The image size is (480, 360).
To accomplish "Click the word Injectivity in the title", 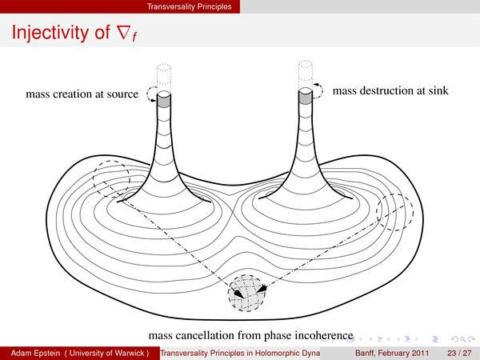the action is [x=50, y=32].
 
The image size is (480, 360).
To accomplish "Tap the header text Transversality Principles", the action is [x=189, y=6].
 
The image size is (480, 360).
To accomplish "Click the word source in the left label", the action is [x=122, y=94].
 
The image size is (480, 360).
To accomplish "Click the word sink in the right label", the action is [x=438, y=90].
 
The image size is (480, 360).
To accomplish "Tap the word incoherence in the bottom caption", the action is [x=324, y=335].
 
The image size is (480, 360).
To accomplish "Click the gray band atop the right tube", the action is [x=306, y=98].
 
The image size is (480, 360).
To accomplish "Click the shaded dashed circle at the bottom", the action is [x=246, y=293].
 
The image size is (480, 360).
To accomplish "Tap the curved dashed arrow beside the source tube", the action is [x=147, y=94].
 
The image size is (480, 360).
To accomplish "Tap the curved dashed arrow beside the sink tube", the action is [x=322, y=90].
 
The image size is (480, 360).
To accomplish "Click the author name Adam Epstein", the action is [x=35, y=353].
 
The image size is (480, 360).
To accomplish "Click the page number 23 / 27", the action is [x=459, y=353].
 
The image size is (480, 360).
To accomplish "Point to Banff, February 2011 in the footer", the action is [x=392, y=353].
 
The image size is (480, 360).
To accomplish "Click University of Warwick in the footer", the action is [x=106, y=353].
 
